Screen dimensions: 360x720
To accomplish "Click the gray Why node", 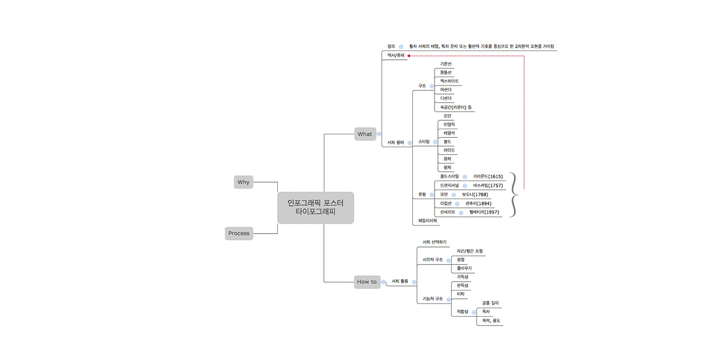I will tap(244, 182).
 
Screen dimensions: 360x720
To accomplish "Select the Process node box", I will tap(239, 233).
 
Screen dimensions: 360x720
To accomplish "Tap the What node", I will tap(365, 134).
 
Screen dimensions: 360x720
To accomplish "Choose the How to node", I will tap(367, 282).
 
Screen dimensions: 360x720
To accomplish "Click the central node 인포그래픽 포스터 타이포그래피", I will tap(316, 208).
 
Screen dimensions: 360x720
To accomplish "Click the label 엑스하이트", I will tap(449, 81).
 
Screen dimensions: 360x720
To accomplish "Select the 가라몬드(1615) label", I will tap(488, 177).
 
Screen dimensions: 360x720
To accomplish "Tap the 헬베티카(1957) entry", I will tap(484, 213).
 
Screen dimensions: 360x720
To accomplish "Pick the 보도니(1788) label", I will tap(475, 195).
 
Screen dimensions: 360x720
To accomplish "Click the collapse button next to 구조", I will tap(431, 87).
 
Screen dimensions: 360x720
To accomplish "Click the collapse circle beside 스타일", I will tap(435, 142).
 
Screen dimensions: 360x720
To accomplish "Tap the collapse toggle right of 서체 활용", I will tap(414, 282).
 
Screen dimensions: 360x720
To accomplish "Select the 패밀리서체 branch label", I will tap(427, 220).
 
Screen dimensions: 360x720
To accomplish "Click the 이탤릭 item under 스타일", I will tap(449, 124).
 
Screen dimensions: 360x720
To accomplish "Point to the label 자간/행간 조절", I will tap(470, 251).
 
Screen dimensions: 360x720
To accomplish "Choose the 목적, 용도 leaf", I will tap(488, 321).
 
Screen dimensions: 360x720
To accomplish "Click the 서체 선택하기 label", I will tap(434, 242).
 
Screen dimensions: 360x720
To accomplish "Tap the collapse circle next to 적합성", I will tap(474, 312).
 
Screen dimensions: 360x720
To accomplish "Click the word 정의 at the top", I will tap(391, 46).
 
